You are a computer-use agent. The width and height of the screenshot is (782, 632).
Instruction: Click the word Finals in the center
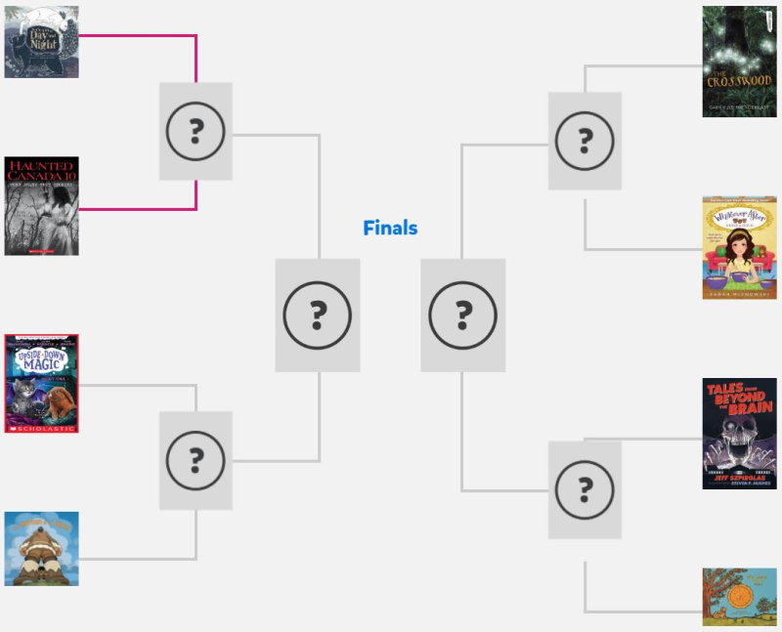click(x=390, y=229)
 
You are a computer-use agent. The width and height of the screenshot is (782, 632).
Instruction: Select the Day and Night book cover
click(x=41, y=42)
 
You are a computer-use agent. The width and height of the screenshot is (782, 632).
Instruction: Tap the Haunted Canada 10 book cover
click(x=41, y=206)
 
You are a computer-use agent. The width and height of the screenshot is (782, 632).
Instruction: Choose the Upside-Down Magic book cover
click(x=41, y=384)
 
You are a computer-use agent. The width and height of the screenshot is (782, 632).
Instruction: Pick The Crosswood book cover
click(x=739, y=62)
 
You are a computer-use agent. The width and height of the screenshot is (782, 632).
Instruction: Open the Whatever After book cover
click(x=739, y=247)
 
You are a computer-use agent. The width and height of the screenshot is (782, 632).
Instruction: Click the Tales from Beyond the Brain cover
click(x=739, y=434)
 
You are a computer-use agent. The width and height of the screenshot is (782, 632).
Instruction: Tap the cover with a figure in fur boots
click(x=41, y=549)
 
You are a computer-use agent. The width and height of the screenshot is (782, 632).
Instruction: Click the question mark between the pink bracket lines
click(x=195, y=131)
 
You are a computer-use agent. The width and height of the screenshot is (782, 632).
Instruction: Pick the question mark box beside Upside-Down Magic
click(x=195, y=460)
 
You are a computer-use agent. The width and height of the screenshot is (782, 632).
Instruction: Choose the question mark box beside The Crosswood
click(x=585, y=141)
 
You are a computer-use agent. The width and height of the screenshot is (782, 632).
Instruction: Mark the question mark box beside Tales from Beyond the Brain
click(x=585, y=489)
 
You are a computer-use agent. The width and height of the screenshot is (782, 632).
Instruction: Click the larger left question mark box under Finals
click(x=318, y=315)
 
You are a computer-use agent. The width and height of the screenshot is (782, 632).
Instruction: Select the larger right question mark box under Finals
click(x=463, y=315)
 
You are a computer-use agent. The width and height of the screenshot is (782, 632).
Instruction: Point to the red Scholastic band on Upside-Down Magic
click(x=41, y=428)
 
